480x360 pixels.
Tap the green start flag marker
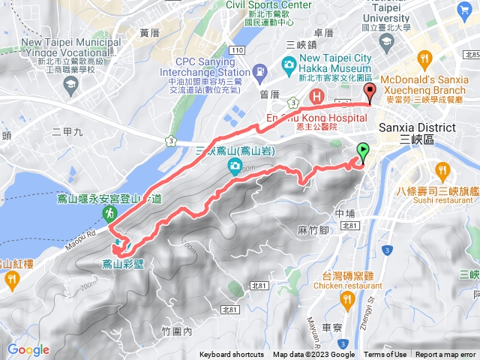pyautogui.click(x=363, y=152)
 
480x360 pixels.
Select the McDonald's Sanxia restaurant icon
pyautogui.click(x=424, y=58)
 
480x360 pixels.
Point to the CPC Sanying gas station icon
pyautogui.click(x=259, y=72)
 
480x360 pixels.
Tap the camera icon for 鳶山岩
pyautogui.click(x=235, y=166)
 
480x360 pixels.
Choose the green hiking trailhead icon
pyautogui.click(x=109, y=214)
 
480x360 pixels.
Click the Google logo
pyautogui.click(x=28, y=349)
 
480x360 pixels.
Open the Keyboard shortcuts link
pyautogui.click(x=232, y=355)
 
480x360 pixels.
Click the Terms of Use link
pyautogui.click(x=385, y=355)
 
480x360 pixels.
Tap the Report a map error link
pyautogui.click(x=445, y=355)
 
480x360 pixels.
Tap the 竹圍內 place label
pyautogui.click(x=177, y=330)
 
